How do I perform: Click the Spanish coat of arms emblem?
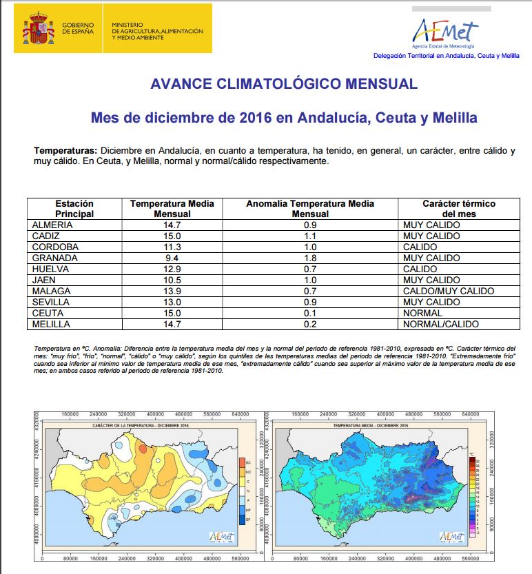coord(37,28)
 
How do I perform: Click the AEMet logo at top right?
coord(444,30)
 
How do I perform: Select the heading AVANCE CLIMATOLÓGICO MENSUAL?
coord(284,84)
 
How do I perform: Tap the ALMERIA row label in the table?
coord(52,225)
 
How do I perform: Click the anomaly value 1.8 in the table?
coord(309,258)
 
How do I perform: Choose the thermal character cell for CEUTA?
coord(423,314)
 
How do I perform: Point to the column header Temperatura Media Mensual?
coord(172,209)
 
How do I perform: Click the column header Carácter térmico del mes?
coord(458,209)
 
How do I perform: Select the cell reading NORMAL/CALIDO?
coord(441,325)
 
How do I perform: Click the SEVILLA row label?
coord(52,303)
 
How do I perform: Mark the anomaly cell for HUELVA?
coord(309,269)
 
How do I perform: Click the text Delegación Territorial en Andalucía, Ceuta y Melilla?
coord(446,55)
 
